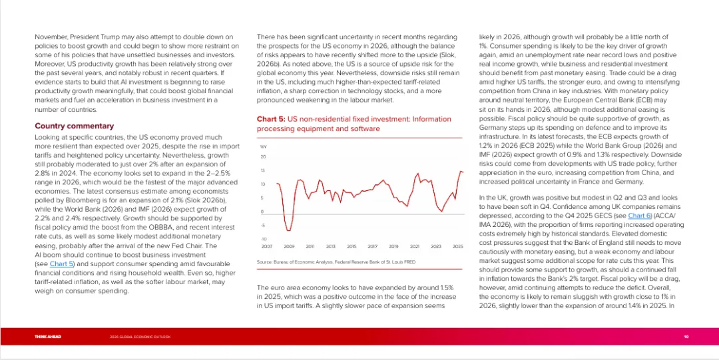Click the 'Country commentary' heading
(x=74, y=126)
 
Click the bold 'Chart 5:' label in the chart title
(x=271, y=119)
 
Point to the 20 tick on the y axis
(x=263, y=157)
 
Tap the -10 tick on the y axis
(x=262, y=239)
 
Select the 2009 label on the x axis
(x=289, y=246)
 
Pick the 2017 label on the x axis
(x=373, y=246)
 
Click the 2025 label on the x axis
(x=457, y=246)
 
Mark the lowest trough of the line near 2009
(x=290, y=230)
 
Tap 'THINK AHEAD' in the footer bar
(x=48, y=337)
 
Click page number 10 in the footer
(x=686, y=337)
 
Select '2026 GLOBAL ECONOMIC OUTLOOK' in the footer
(x=140, y=337)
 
